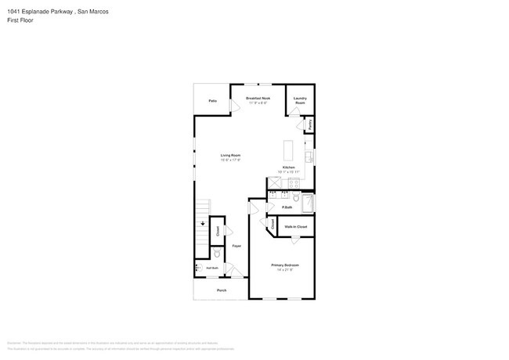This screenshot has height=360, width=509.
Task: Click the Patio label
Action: [212, 101]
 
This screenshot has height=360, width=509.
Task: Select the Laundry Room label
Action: [300, 101]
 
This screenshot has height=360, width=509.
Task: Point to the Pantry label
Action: [310, 124]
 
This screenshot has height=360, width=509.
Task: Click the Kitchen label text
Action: [288, 168]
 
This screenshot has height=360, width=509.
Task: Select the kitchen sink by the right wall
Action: [309, 157]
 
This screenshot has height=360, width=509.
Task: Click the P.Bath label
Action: [287, 207]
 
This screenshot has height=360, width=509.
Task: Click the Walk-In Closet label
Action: [296, 227]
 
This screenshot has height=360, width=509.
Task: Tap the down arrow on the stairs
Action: [202, 224]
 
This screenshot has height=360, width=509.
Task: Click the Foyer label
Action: [236, 246]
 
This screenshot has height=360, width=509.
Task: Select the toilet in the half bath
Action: [217, 254]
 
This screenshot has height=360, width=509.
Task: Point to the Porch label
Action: [221, 290]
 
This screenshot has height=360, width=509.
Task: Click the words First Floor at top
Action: [20, 21]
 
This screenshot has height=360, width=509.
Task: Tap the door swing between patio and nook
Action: [233, 106]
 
